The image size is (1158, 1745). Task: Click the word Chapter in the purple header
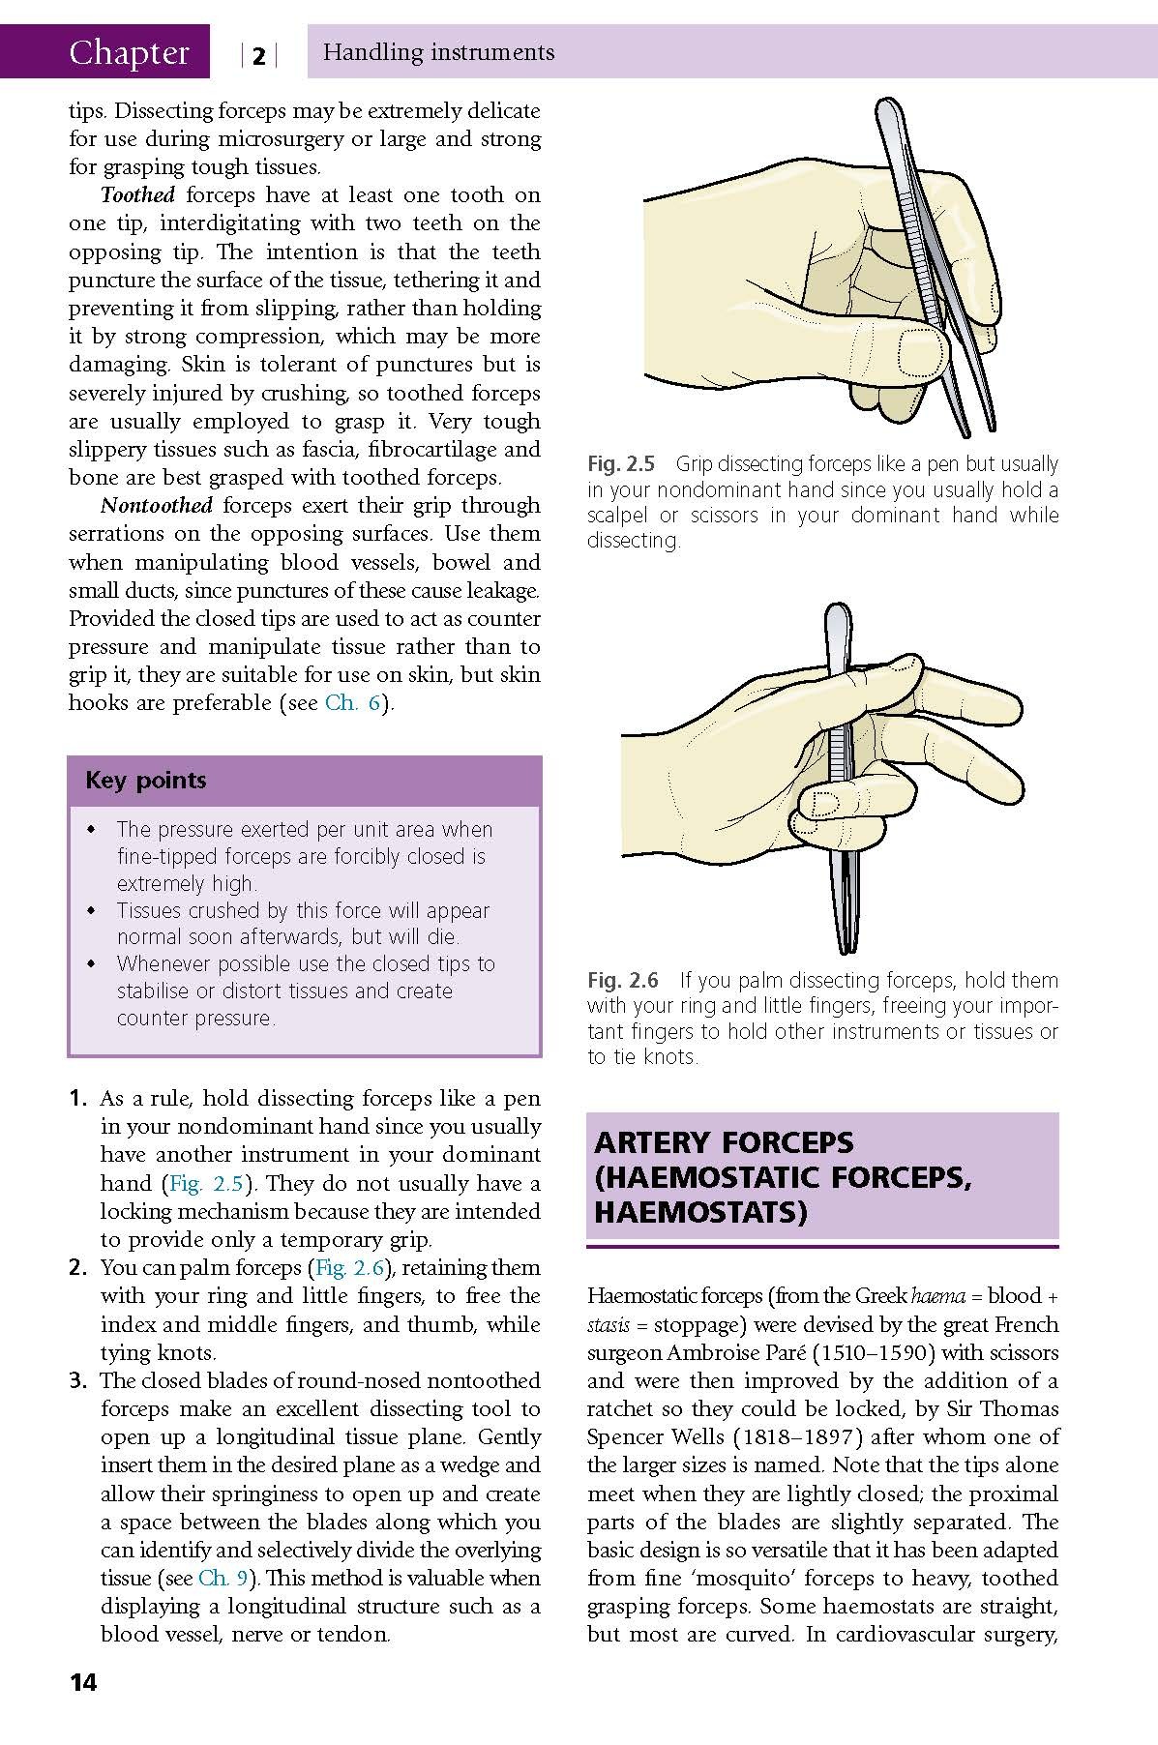point(129,52)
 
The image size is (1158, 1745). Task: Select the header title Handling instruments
point(439,52)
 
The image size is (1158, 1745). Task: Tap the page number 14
point(83,1682)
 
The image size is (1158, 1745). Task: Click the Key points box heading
point(146,780)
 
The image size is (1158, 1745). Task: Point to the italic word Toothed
point(137,194)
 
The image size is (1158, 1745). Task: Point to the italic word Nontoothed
point(157,505)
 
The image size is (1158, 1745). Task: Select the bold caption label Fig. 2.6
point(623,981)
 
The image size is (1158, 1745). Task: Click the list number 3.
point(78,1380)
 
